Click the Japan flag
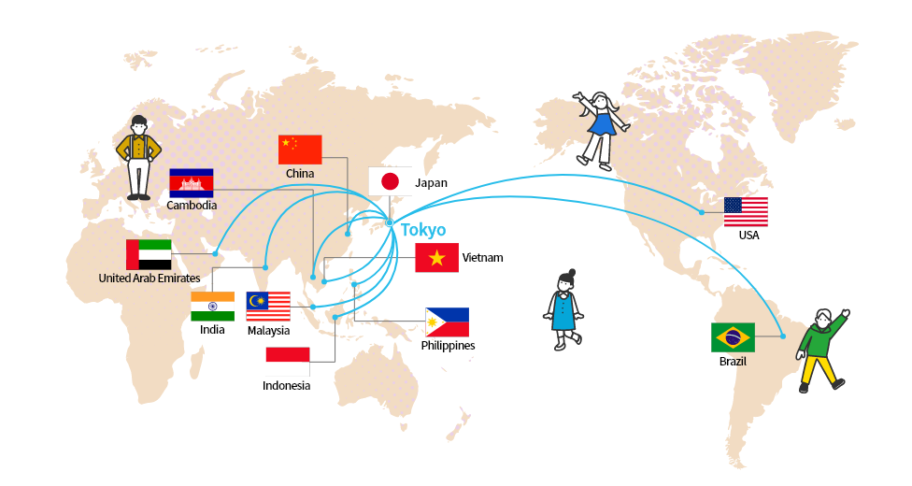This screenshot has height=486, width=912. point(390,181)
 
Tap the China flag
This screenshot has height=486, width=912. point(300,150)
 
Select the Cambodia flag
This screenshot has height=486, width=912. point(192,183)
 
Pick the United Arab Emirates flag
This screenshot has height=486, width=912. point(149,254)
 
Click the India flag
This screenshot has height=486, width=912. point(213,307)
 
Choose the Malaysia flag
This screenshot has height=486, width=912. point(268,307)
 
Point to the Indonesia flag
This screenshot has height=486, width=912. point(288,362)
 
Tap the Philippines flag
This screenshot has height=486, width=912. point(448,322)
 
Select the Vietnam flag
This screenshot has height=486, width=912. point(436,258)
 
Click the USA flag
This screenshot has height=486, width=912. point(746,212)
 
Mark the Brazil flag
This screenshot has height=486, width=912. point(733,337)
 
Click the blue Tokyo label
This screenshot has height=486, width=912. point(423,230)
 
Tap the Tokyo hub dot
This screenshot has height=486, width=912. point(390,223)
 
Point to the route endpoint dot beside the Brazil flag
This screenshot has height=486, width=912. point(783,336)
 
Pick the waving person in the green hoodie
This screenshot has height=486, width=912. point(821,350)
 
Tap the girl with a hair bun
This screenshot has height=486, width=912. point(563,309)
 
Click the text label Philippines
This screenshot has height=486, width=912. point(448,346)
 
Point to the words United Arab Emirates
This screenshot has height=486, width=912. point(150,279)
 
